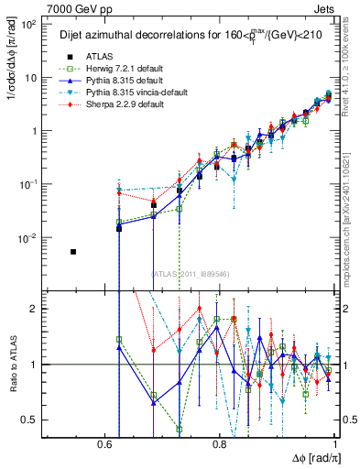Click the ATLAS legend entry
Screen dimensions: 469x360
87,56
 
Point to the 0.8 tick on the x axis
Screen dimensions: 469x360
220,442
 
